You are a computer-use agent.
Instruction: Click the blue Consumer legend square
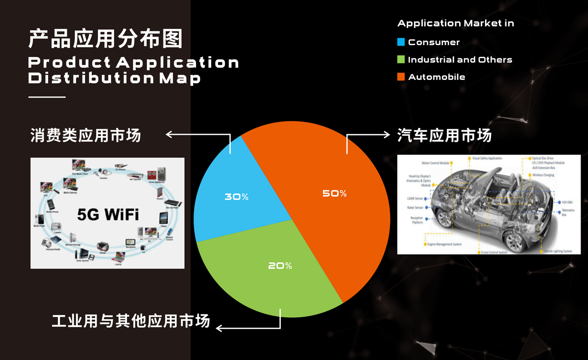[401, 42]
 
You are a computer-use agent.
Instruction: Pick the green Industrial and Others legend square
[401, 60]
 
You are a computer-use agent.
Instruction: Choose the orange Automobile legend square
[401, 77]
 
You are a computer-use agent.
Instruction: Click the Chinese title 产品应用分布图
[105, 39]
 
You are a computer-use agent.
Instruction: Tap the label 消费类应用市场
[86, 135]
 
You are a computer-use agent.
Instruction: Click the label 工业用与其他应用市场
[131, 321]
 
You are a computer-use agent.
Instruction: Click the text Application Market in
[455, 24]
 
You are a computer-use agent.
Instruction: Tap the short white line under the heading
[47, 97]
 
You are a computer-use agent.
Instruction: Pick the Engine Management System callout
[444, 244]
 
